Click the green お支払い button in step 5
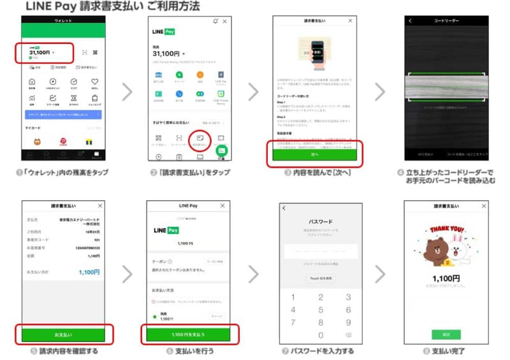pyautogui.click(x=63, y=334)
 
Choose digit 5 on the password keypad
pyautogui.click(x=321, y=310)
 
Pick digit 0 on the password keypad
pyautogui.click(x=321, y=335)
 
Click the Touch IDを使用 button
pyautogui.click(x=321, y=278)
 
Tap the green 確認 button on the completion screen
pyautogui.click(x=446, y=335)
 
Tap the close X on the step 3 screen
pyautogui.click(x=349, y=21)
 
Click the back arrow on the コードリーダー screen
pyautogui.click(x=410, y=21)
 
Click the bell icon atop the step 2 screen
pyautogui.click(x=216, y=21)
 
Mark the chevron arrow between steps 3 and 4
pyautogui.click(x=381, y=91)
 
